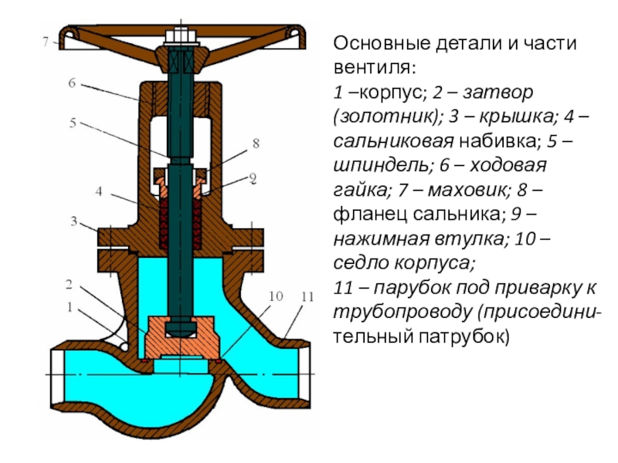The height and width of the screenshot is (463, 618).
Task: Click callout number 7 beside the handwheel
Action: [x=45, y=41]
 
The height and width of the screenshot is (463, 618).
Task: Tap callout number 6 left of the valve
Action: [x=71, y=84]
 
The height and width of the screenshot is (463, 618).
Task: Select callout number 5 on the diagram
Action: [x=72, y=122]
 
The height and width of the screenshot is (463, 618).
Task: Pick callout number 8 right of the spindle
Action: [x=255, y=143]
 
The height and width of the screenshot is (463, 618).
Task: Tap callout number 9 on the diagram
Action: [x=252, y=178]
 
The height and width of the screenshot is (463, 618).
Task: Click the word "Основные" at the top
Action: [x=372, y=44]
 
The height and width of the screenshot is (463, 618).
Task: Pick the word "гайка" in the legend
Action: [x=355, y=188]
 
